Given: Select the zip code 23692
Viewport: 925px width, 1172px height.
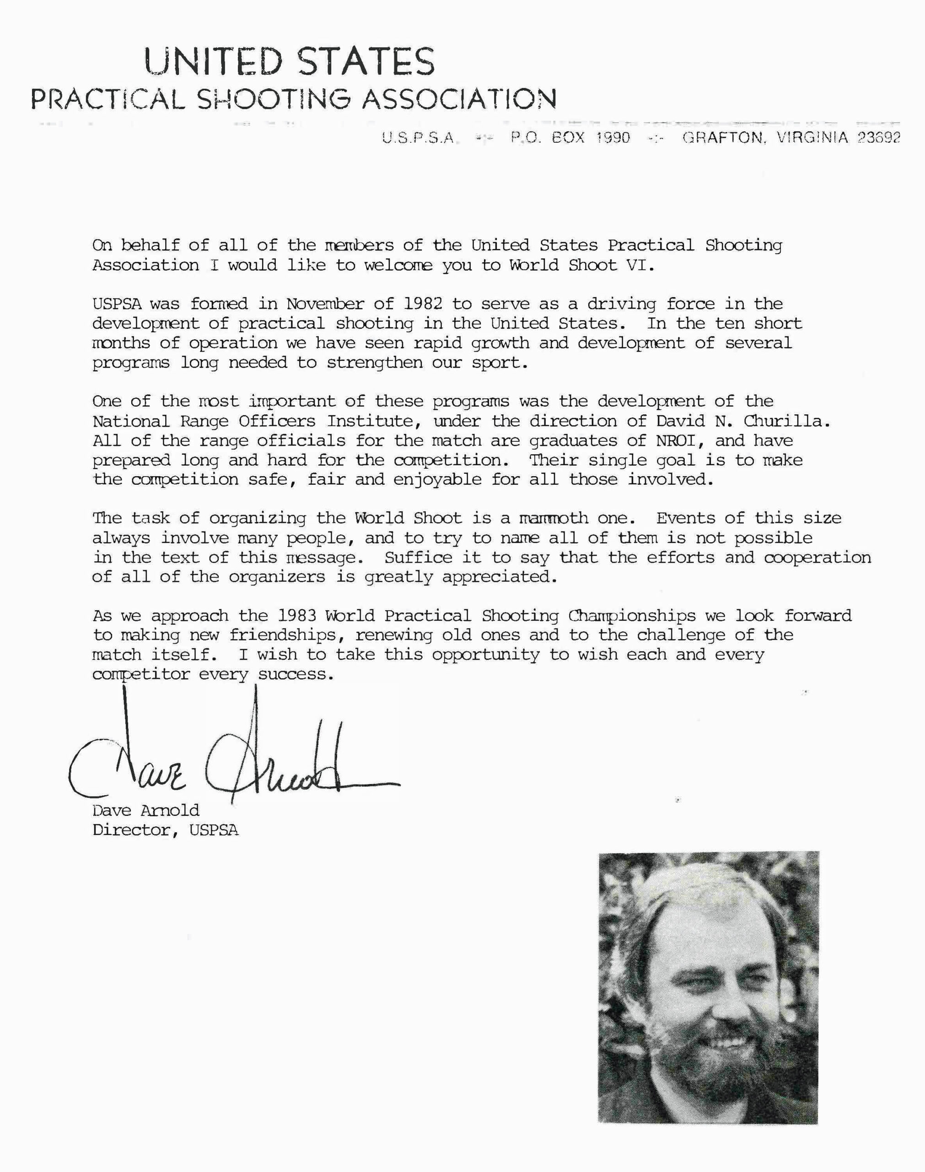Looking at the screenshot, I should tap(880, 138).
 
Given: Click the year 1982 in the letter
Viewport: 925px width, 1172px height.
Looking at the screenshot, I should tap(419, 304).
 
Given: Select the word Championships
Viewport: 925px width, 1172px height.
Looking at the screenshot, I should tap(632, 616).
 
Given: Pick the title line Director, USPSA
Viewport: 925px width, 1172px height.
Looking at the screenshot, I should tap(165, 830).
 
